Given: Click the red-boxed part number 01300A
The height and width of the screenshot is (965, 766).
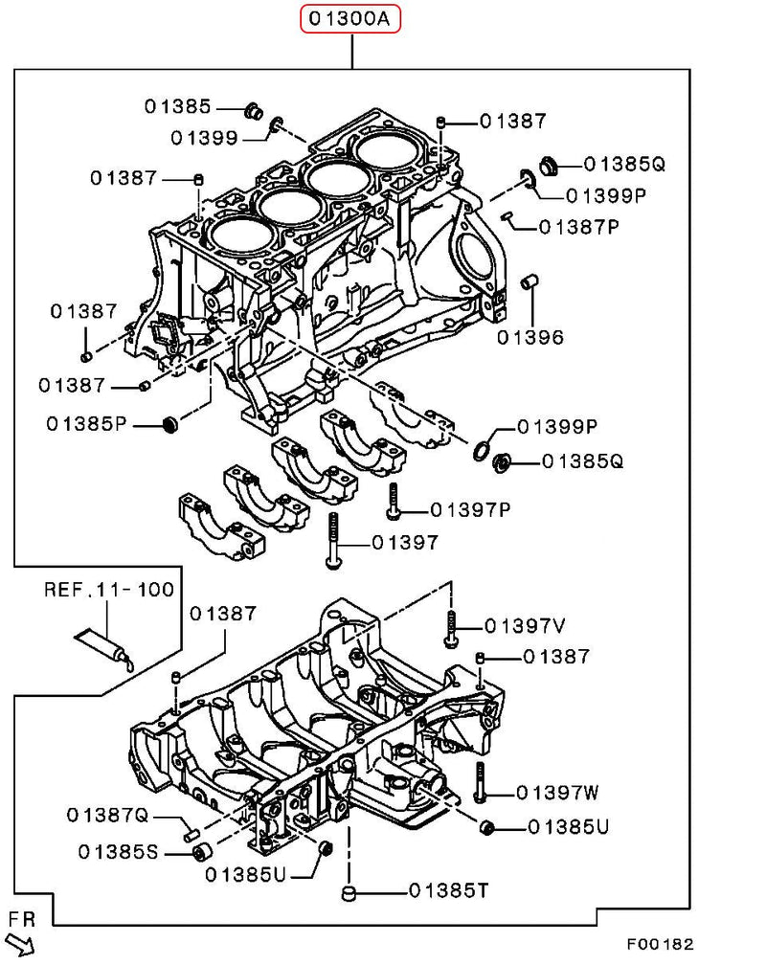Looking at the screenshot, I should click(x=350, y=19).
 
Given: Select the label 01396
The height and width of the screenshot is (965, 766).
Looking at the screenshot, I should click(x=529, y=337).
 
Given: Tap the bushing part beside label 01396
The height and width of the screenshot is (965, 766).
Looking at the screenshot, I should click(x=528, y=284).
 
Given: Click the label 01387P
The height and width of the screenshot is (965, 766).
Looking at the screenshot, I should click(x=579, y=227).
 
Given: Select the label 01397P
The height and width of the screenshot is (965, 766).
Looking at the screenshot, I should click(x=470, y=508).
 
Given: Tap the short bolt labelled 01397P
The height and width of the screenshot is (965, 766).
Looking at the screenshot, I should click(x=393, y=500).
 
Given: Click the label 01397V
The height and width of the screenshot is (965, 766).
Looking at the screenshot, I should click(x=525, y=626).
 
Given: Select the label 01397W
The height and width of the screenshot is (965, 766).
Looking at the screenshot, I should click(x=557, y=793).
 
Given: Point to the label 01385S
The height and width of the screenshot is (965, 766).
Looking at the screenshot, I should click(x=119, y=849).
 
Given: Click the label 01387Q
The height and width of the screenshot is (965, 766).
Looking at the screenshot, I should click(x=108, y=815).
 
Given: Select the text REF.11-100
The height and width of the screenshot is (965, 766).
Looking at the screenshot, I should click(x=109, y=589).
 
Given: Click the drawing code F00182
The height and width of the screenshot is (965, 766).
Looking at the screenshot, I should click(x=660, y=943).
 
